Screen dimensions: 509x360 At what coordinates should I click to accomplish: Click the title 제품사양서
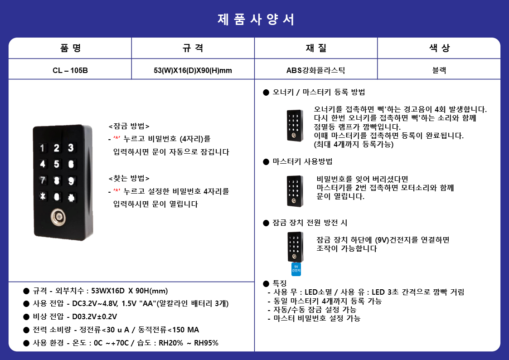click(x=256, y=19)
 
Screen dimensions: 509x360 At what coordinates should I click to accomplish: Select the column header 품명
click(x=70, y=48)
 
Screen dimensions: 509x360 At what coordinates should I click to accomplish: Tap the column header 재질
click(x=316, y=48)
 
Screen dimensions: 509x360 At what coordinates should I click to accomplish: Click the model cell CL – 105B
click(x=70, y=70)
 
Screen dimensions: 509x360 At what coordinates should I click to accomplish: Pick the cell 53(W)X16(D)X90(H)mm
click(x=193, y=70)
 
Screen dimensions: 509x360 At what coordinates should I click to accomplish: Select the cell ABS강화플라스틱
click(x=315, y=70)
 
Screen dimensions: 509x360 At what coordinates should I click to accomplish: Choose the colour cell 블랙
click(x=439, y=70)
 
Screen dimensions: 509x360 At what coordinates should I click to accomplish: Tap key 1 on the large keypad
click(x=42, y=148)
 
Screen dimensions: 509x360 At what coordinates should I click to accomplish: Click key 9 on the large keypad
click(x=71, y=181)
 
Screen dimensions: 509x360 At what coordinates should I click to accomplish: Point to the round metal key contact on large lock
click(x=58, y=217)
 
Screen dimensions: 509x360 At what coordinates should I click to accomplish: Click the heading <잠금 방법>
click(x=129, y=126)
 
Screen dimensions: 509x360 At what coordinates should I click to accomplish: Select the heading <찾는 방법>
click(x=129, y=178)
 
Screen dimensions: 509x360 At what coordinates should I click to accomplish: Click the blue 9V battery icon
click(x=296, y=269)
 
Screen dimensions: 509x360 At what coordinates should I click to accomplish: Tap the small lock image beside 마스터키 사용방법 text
click(x=295, y=191)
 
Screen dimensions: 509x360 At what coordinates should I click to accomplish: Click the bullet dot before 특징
click(x=266, y=284)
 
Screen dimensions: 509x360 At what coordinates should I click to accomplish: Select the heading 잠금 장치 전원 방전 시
click(x=310, y=223)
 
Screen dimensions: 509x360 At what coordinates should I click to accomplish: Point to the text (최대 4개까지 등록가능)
click(x=354, y=144)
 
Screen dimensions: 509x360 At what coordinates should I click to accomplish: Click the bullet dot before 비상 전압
click(x=26, y=317)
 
